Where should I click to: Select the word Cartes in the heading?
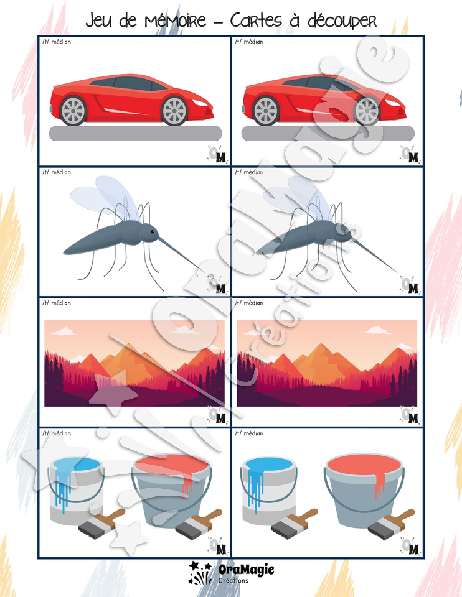256,20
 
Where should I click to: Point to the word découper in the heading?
342,21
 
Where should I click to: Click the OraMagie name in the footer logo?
246,569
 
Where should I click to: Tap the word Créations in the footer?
233,581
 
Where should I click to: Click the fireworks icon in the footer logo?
200,573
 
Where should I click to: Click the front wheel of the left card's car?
174,111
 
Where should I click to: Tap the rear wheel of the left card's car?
73,111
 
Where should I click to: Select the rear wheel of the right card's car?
266,111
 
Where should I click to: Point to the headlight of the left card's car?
199,103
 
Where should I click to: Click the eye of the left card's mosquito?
152,231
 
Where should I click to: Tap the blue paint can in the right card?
270,483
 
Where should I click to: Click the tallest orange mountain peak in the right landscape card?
321,345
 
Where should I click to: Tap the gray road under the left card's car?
135,133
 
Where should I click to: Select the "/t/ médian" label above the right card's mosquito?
249,172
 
